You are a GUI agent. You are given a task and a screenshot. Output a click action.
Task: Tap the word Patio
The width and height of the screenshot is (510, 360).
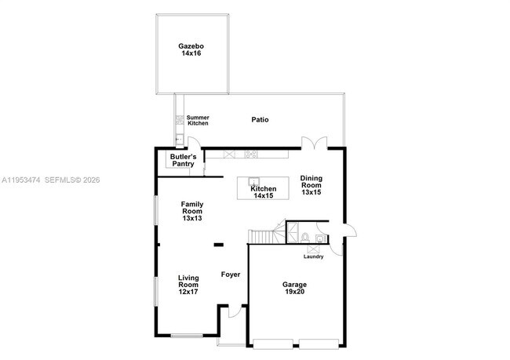(260, 120)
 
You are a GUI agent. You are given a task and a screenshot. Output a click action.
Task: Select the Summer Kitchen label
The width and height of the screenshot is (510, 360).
(198, 121)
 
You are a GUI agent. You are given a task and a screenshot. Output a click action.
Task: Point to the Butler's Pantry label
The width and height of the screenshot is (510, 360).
(183, 160)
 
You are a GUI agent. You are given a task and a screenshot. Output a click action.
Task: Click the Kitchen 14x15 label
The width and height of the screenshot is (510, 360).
(264, 192)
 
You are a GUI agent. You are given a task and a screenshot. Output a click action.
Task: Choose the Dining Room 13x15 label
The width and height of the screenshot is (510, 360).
(311, 185)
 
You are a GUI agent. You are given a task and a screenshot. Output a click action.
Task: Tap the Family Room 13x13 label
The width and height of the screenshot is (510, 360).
(192, 211)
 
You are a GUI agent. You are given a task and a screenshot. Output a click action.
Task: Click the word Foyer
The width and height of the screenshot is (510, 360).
(230, 274)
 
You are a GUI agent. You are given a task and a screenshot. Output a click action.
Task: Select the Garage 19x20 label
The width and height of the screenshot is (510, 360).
(294, 288)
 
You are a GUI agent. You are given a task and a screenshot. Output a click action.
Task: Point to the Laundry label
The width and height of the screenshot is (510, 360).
(313, 256)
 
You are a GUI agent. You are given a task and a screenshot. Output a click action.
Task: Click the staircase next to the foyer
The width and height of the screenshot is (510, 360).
(264, 236)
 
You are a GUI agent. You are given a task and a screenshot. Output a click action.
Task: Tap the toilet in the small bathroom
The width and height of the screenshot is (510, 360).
(303, 236)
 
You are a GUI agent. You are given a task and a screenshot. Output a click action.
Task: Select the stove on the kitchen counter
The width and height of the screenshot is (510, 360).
(252, 154)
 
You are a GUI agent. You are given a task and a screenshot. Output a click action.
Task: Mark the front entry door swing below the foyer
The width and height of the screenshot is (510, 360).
(232, 312)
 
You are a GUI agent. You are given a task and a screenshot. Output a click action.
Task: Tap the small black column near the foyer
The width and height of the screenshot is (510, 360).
(218, 245)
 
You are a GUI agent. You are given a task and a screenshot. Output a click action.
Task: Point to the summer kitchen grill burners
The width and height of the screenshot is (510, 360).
(180, 120)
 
